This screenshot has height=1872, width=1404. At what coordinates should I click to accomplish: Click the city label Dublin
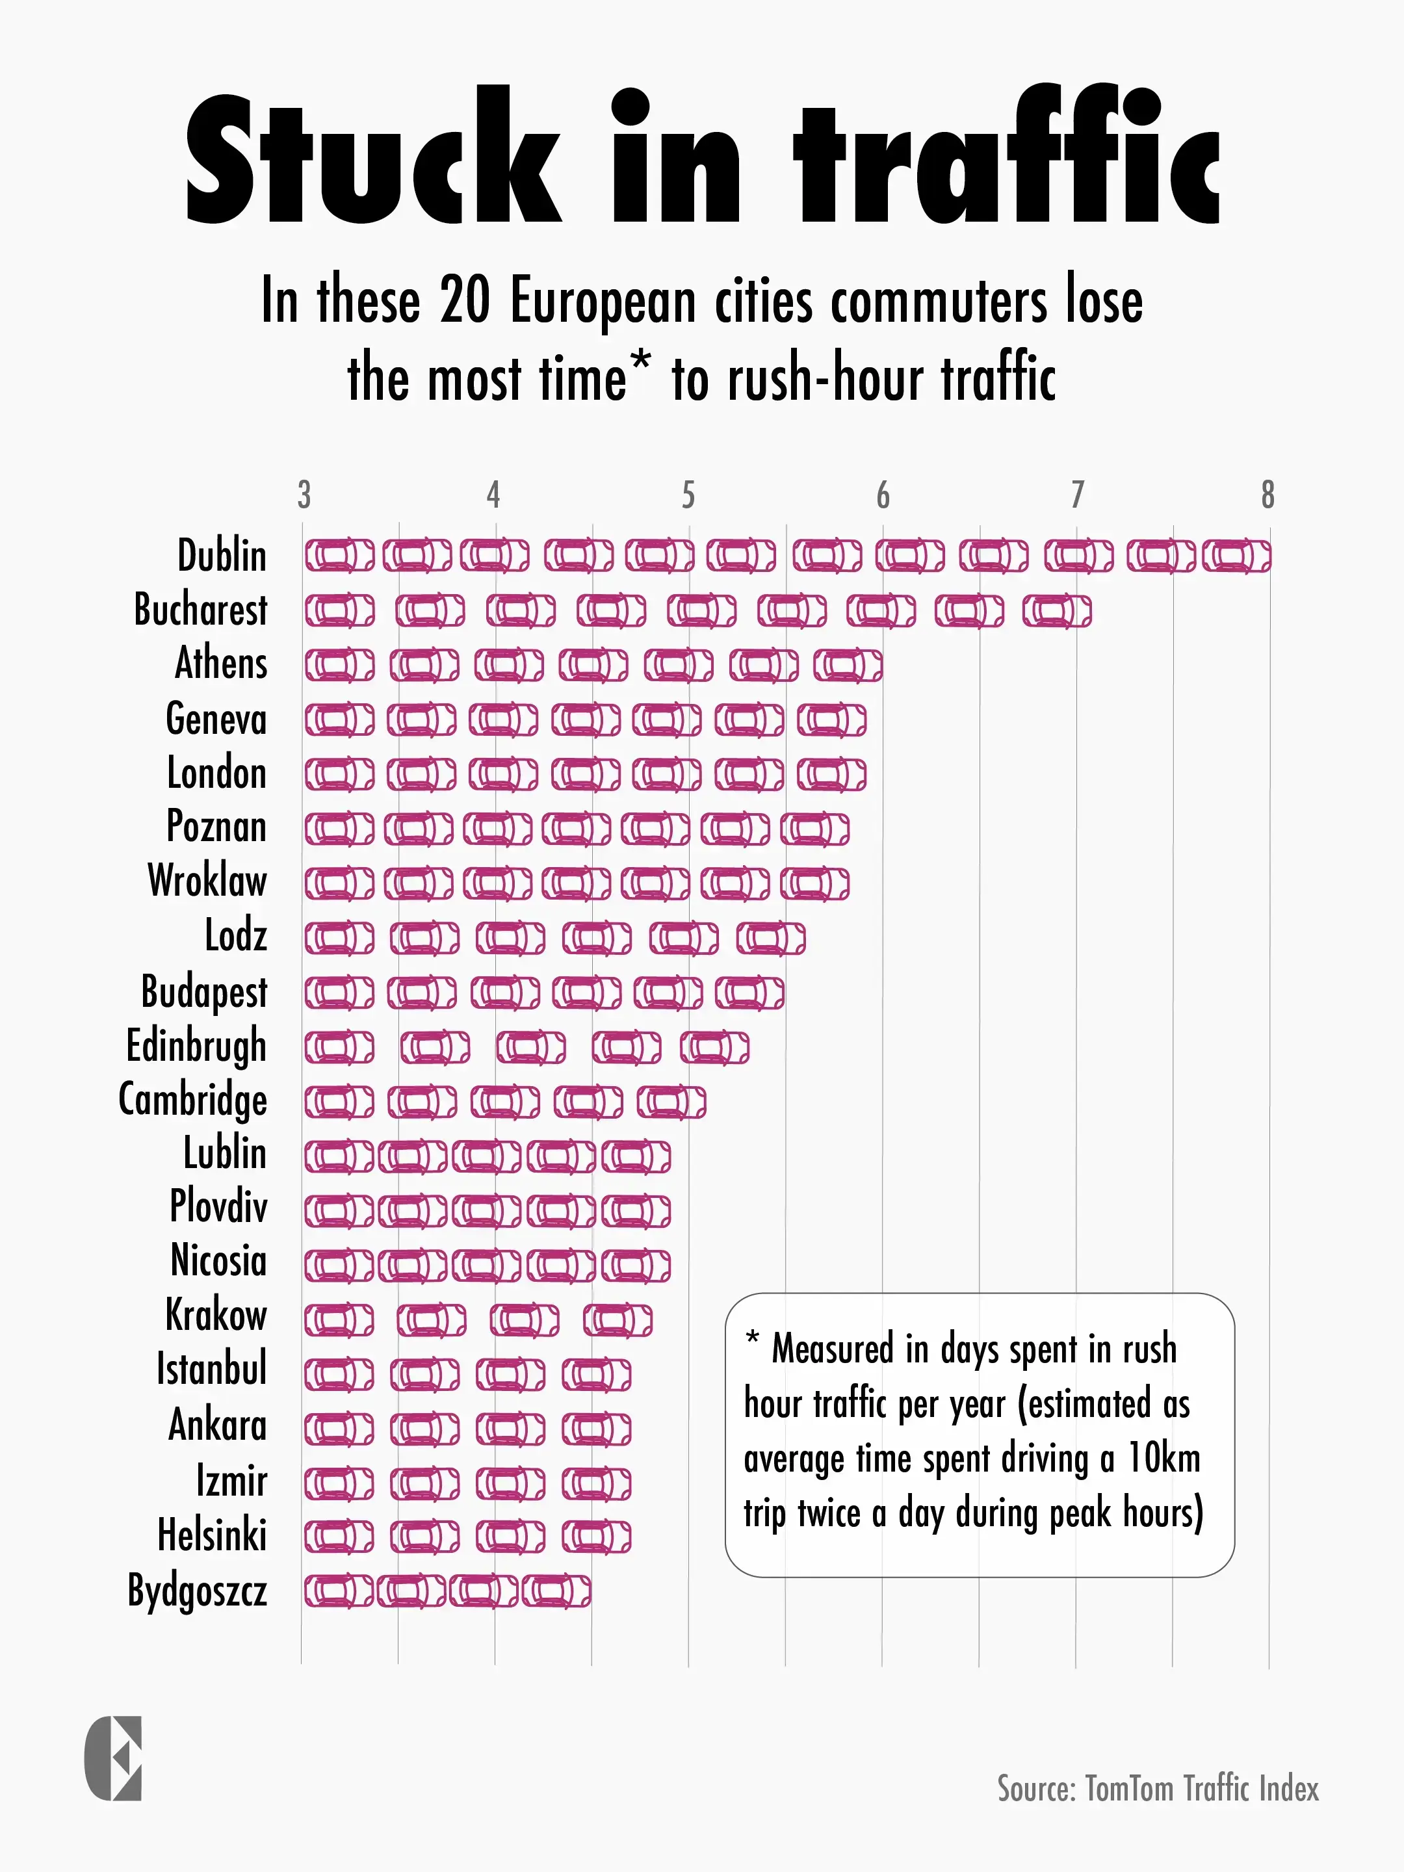(222, 556)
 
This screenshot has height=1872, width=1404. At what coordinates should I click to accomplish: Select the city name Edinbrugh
(196, 1046)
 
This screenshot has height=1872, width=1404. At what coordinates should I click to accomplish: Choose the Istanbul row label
(211, 1368)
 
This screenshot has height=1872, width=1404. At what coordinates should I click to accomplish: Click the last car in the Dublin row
(1236, 556)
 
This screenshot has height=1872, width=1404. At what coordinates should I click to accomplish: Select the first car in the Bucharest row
(339, 611)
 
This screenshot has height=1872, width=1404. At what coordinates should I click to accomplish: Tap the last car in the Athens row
(848, 665)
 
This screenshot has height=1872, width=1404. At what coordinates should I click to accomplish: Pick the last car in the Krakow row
(617, 1320)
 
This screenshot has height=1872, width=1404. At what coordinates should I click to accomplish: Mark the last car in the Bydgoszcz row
(556, 1592)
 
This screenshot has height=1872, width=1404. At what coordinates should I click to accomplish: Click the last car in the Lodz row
(770, 939)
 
